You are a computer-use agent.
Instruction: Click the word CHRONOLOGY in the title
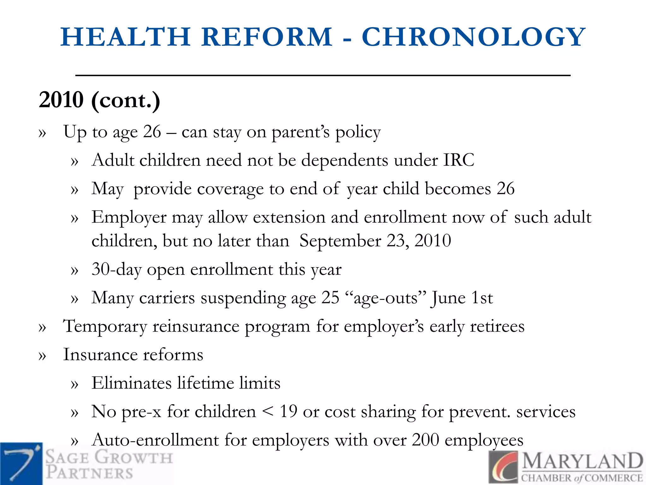coord(473,37)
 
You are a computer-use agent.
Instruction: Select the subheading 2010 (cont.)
coord(99,100)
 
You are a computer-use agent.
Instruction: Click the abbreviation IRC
coord(459,160)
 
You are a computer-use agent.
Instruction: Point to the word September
coord(340,241)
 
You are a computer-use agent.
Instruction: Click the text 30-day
coord(116,270)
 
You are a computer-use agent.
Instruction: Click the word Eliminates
coord(132,383)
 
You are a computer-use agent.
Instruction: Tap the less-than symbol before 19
coord(268,412)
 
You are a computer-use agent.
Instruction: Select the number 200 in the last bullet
coord(425,440)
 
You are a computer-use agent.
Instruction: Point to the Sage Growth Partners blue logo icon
coord(21,463)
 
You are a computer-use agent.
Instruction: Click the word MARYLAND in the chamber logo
coord(582,462)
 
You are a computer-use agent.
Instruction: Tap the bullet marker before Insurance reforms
coord(42,356)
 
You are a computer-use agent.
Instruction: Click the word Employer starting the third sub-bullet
coord(129,218)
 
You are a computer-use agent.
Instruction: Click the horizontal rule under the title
coord(323,75)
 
